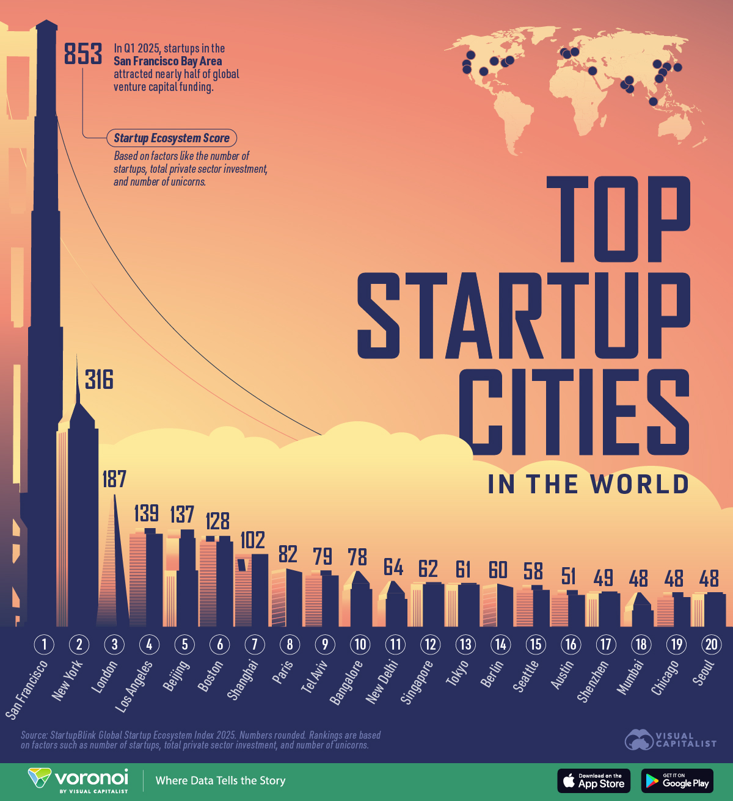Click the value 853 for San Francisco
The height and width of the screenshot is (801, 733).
tap(83, 54)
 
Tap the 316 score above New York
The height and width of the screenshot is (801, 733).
tap(99, 380)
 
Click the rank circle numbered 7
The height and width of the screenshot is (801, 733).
tap(255, 644)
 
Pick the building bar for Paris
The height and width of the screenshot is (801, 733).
tap(286, 598)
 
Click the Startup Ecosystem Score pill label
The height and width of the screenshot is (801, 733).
tap(172, 138)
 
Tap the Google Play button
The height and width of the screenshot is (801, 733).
tap(677, 781)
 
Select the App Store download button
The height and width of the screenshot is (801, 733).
tap(593, 781)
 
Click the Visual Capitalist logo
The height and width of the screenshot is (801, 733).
tap(670, 740)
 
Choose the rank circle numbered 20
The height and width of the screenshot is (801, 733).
tap(711, 644)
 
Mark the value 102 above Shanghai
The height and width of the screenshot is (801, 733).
tap(252, 540)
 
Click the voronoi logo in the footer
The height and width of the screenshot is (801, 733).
tap(78, 780)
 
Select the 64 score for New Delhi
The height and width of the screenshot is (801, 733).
tap(393, 567)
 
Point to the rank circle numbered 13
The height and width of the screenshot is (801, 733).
tap(465, 644)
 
